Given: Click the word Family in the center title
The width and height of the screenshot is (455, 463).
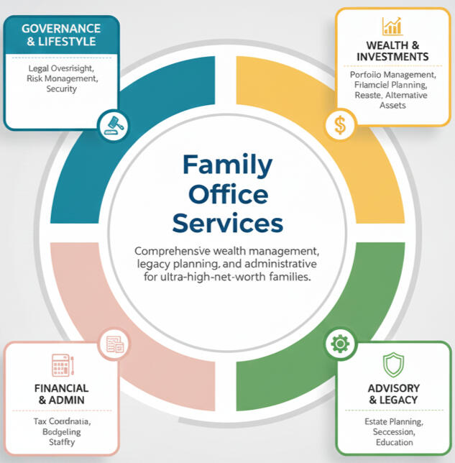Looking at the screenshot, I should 227,165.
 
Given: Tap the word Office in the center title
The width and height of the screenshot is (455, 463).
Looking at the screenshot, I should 227,194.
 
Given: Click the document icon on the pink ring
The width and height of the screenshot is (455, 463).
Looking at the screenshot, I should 114,344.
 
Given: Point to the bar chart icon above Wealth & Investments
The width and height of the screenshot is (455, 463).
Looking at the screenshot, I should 392,27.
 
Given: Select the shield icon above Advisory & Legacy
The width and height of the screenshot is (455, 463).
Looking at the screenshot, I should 392,365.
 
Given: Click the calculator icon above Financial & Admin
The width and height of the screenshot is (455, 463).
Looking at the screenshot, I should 61,365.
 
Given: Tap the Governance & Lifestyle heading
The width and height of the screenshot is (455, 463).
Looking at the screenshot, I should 60,35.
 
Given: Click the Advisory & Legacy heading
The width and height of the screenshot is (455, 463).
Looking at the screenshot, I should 392,395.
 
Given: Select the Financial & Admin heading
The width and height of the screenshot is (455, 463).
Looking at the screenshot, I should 61,394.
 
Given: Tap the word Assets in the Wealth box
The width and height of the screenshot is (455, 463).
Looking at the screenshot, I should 392,105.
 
